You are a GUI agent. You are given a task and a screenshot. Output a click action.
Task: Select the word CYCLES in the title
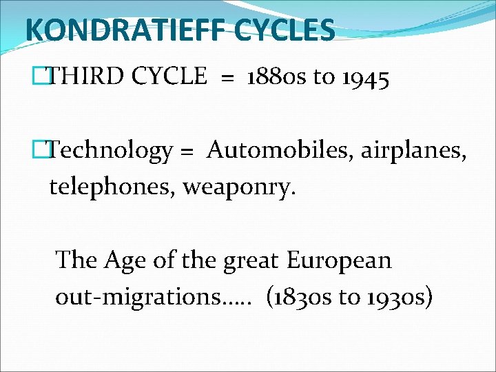click(x=291, y=30)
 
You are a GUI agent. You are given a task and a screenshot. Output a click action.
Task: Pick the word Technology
click(x=112, y=150)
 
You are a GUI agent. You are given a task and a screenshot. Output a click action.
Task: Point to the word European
click(x=339, y=260)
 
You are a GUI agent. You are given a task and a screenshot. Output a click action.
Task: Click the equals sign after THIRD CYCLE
click(x=227, y=78)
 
